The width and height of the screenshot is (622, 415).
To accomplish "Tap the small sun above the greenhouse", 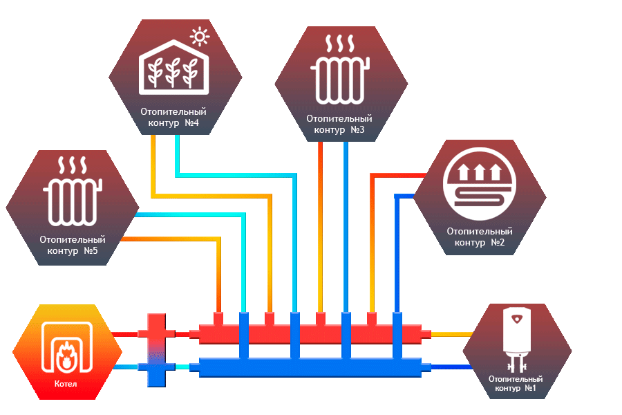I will pos(200,35).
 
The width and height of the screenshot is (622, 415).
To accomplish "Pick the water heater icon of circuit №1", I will pos(517,339).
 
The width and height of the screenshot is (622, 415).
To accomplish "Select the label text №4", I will pos(191,123).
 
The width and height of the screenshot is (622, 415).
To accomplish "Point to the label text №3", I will pos(357,129).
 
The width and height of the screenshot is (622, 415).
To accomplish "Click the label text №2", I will pos(498,243).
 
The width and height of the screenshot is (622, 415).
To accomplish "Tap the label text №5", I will pos(91,250).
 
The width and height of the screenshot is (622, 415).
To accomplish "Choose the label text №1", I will pos(530,389).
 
